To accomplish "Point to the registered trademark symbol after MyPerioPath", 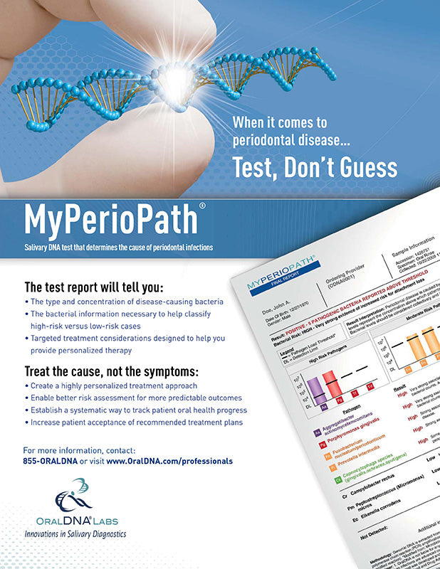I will (x=203, y=206).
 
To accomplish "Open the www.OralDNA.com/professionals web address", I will (x=169, y=461).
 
